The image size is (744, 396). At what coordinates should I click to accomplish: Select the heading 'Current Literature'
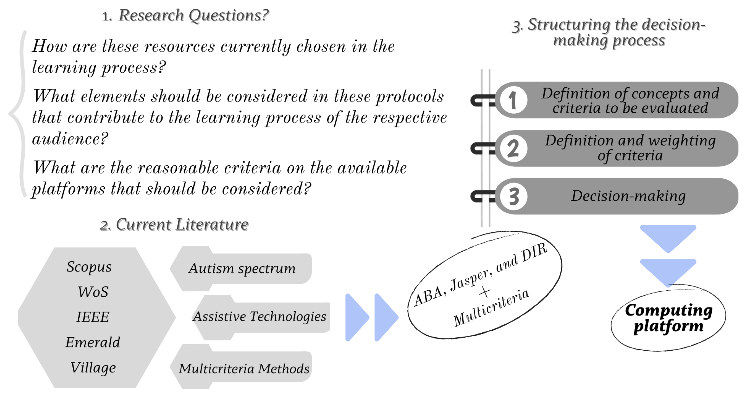coord(182,225)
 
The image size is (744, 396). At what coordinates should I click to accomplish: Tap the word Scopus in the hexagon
coord(89,266)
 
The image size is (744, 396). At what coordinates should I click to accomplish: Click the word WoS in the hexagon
coord(93,292)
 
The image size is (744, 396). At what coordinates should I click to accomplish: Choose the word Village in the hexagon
coord(93,368)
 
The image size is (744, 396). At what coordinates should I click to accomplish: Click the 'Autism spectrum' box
coord(242,269)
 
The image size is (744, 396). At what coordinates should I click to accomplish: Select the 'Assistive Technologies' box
coord(260,317)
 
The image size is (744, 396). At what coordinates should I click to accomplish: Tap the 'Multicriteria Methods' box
coord(244,369)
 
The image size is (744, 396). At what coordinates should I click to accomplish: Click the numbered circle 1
coord(513,100)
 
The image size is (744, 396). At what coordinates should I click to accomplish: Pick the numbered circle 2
coord(513,149)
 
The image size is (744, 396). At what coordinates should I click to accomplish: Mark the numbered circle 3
coord(513,197)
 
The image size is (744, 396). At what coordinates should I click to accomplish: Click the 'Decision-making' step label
coord(628,196)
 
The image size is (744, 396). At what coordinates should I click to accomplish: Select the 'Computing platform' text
coord(668,318)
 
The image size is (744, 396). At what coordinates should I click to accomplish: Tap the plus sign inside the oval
coord(485,292)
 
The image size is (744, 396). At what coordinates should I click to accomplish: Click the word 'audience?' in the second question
coord(70,139)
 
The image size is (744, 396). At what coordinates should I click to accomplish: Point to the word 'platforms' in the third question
coord(69,189)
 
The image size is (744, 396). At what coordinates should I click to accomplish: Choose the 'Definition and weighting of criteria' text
coord(630,148)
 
